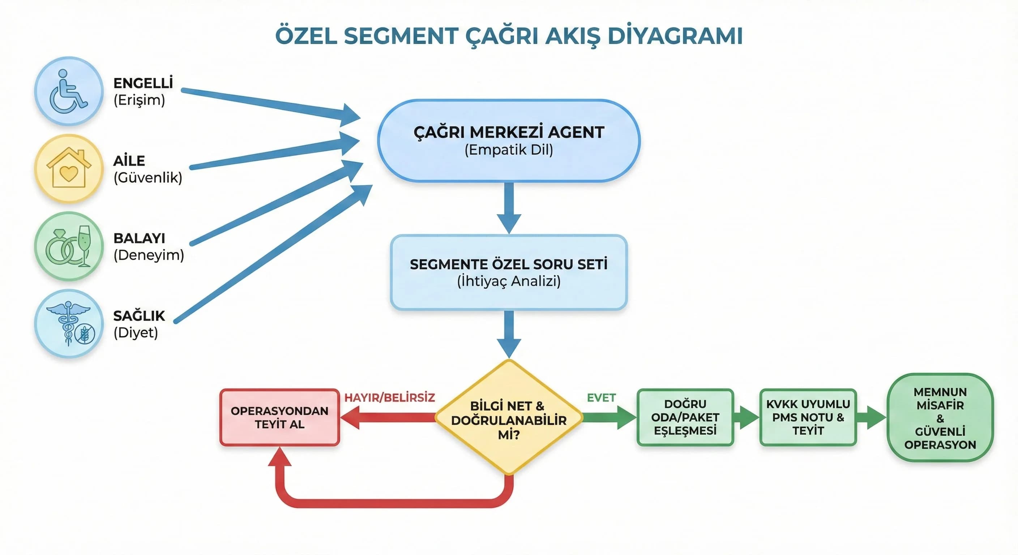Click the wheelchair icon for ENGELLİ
(x=68, y=91)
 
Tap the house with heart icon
(x=68, y=169)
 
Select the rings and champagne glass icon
(x=68, y=246)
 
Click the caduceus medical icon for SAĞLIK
(x=68, y=324)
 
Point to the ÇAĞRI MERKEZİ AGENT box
(x=509, y=140)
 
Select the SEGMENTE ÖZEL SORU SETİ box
(x=509, y=272)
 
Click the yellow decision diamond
(x=509, y=418)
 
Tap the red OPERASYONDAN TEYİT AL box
(x=279, y=418)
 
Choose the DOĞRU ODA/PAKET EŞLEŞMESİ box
(x=685, y=418)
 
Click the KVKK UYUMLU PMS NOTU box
(x=808, y=418)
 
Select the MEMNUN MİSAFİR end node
(x=940, y=418)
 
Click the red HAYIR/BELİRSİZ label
(x=389, y=398)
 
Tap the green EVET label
(x=601, y=398)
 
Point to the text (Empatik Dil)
(x=509, y=150)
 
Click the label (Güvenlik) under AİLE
(x=148, y=178)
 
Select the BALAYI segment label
(x=139, y=238)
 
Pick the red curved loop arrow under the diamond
(x=391, y=503)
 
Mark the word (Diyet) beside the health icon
(x=136, y=333)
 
